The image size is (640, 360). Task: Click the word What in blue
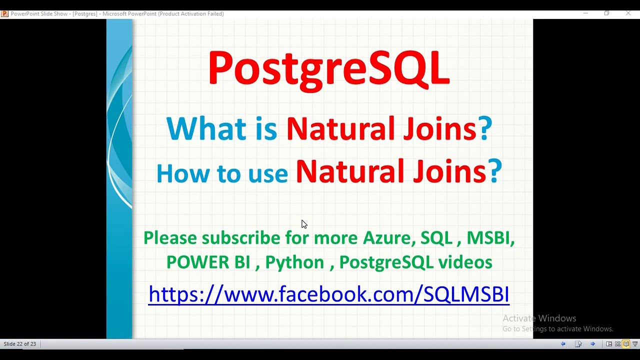[206, 128]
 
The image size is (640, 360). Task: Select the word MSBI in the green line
[490, 238]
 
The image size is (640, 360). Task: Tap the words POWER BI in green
[208, 262]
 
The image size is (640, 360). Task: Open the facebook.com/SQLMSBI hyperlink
[328, 294]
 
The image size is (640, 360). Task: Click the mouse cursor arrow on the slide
[304, 224]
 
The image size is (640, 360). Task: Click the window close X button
[628, 13]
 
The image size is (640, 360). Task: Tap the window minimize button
[585, 13]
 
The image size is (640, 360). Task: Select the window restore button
[606, 13]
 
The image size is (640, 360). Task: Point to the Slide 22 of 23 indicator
[20, 344]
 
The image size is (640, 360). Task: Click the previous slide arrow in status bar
[563, 344]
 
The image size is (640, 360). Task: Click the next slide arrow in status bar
[593, 344]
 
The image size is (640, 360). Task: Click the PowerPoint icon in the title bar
[4, 13]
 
